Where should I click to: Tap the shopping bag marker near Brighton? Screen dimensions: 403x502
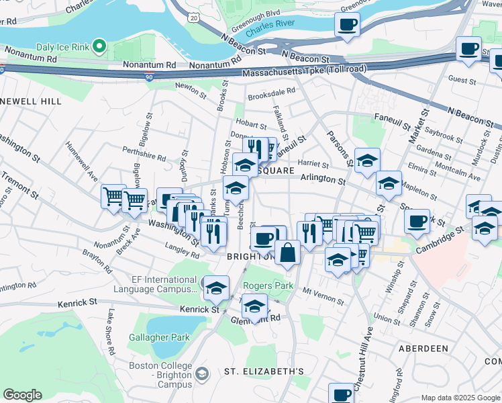(x=287, y=254)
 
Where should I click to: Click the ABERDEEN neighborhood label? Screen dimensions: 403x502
(x=423, y=349)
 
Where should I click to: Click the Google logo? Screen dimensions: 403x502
(x=22, y=395)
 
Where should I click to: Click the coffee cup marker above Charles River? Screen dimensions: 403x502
(x=347, y=26)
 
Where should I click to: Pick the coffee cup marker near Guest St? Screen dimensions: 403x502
(x=468, y=50)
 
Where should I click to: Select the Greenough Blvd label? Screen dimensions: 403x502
(x=255, y=13)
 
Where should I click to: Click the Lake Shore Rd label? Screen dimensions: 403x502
(x=109, y=333)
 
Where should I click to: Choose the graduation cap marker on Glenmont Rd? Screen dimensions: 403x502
(x=254, y=307)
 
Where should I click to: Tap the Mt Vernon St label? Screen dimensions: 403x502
(x=318, y=292)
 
